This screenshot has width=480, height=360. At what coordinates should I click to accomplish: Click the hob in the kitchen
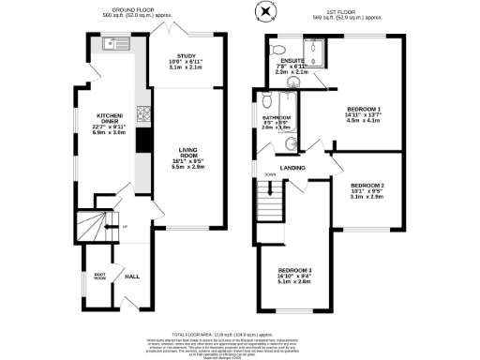pyautogui.click(x=144, y=115)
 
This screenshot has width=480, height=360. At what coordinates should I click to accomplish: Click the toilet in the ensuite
pyautogui.click(x=276, y=49)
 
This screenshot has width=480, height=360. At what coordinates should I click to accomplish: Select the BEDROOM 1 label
pyautogui.click(x=364, y=110)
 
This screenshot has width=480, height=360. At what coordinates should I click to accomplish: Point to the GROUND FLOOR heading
pyautogui.click(x=123, y=12)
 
